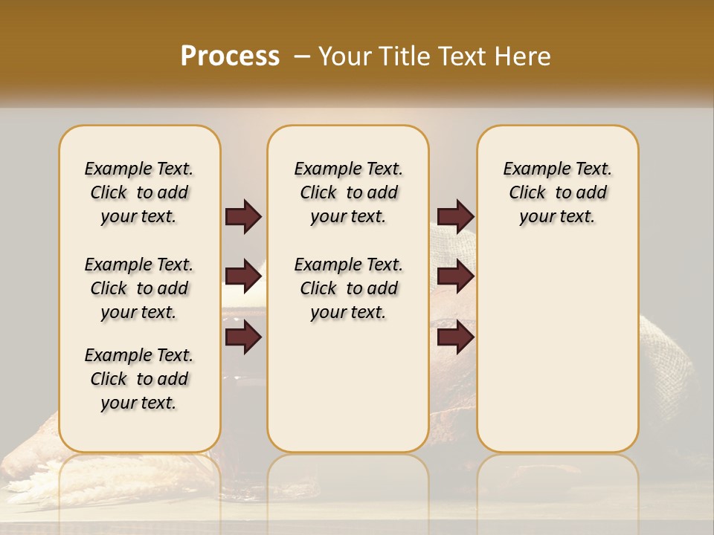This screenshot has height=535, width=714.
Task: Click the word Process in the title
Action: click(x=230, y=56)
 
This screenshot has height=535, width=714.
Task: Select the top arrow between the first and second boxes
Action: click(x=243, y=217)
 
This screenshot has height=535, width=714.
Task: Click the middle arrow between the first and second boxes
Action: click(x=243, y=277)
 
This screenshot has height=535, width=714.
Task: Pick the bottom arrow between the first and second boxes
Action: click(x=243, y=338)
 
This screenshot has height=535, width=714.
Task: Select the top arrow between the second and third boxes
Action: click(x=455, y=217)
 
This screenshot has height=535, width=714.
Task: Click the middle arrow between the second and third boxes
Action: click(x=455, y=277)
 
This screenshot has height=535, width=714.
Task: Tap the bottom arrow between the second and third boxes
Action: click(x=455, y=338)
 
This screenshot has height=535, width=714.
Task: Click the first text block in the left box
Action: click(x=139, y=192)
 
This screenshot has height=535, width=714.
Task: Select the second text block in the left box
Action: click(x=139, y=288)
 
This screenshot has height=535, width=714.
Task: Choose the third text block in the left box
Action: click(x=139, y=379)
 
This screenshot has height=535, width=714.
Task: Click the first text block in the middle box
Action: click(x=348, y=192)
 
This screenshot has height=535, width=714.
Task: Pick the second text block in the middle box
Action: click(x=348, y=288)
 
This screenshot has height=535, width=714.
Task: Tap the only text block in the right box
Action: click(x=557, y=192)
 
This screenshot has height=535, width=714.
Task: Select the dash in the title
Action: click(x=302, y=56)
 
